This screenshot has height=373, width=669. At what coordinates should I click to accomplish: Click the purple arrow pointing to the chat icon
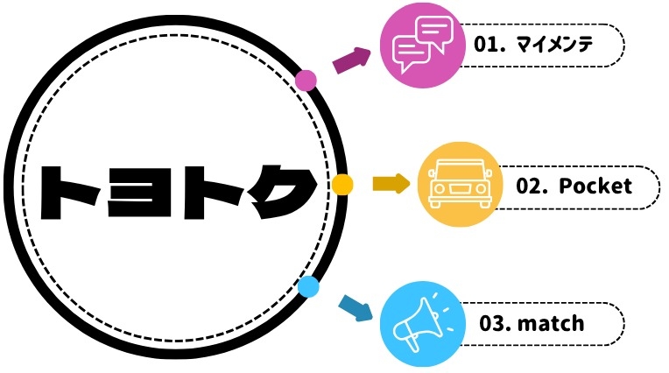click(351, 60)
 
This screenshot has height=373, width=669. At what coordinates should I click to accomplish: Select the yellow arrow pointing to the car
click(391, 184)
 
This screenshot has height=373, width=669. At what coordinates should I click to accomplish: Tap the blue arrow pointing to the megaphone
click(356, 307)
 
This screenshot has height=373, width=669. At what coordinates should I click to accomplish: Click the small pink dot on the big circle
click(306, 81)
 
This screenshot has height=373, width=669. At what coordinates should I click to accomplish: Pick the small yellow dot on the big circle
click(342, 185)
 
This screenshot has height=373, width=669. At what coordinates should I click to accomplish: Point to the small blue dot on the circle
click(308, 286)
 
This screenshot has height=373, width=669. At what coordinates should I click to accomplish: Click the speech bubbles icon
click(422, 45)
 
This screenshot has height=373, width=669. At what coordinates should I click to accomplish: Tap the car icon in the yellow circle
click(460, 184)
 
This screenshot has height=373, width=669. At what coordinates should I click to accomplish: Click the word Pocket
click(595, 186)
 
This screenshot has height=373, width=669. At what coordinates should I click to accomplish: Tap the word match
click(551, 323)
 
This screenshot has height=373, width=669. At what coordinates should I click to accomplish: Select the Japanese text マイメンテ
click(554, 45)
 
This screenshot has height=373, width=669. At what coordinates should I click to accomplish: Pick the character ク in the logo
click(285, 192)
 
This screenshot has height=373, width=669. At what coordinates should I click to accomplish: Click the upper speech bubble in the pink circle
click(434, 31)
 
